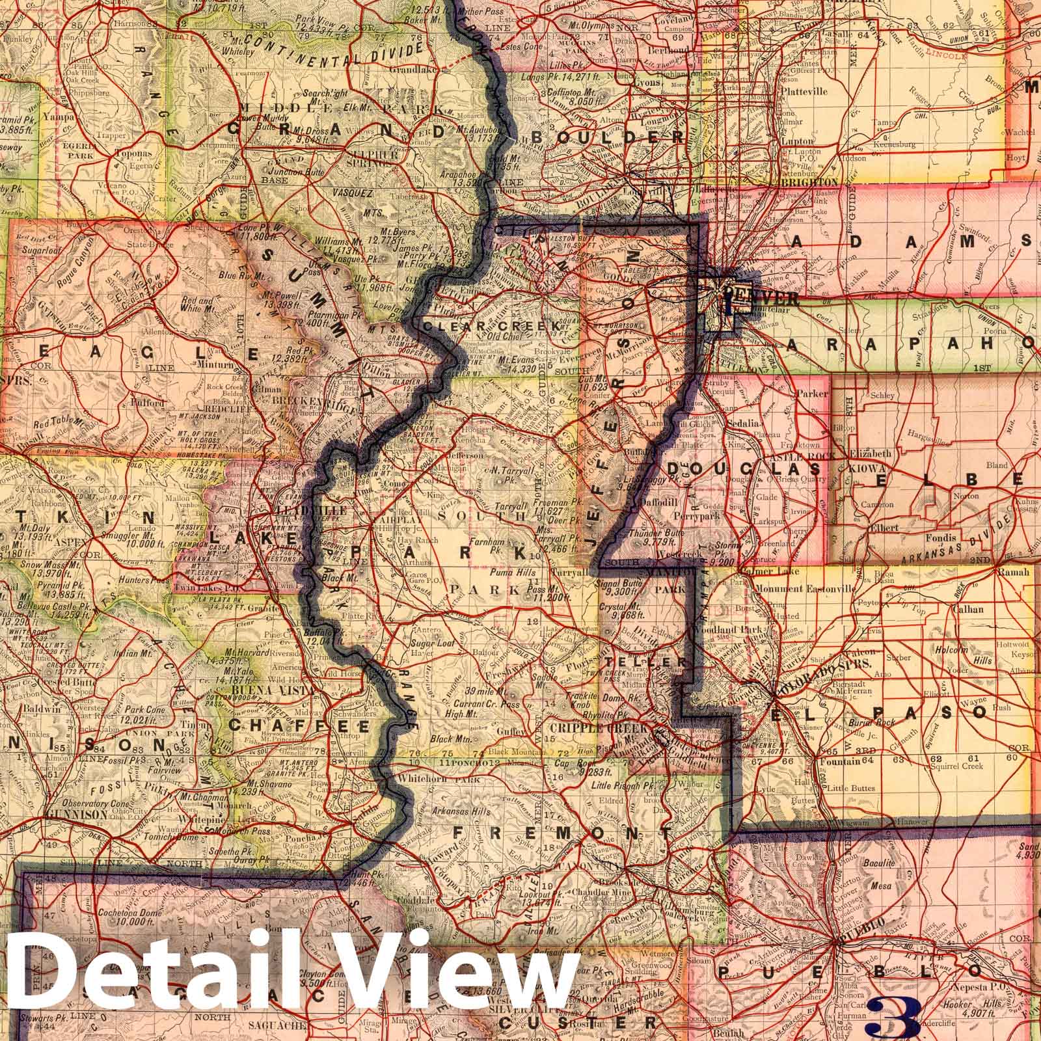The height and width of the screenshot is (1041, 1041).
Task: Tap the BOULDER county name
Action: coord(608,137)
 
